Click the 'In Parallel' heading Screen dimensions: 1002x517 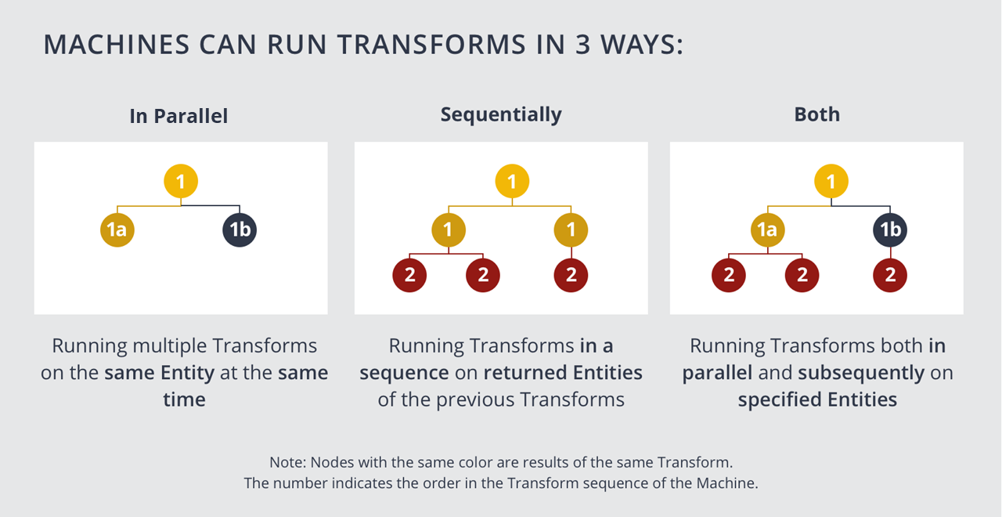point(178,116)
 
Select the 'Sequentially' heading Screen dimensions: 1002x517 point(501,115)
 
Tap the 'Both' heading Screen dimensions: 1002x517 point(816,114)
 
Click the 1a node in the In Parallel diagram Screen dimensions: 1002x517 point(117,230)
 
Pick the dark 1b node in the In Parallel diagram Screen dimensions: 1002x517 point(240,230)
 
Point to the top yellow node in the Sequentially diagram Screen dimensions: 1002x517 point(512,181)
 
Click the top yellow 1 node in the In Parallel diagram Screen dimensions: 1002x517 point(181,181)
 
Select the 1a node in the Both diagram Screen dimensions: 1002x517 point(768,230)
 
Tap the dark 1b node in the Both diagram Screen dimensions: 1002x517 point(890,230)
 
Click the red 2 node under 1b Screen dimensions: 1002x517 point(890,275)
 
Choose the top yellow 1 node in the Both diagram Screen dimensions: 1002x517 point(831,181)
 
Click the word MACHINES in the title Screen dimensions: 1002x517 point(117,45)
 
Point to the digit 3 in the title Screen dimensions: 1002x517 point(583,45)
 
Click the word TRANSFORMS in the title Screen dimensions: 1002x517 point(431,45)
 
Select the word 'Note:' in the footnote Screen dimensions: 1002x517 point(287,462)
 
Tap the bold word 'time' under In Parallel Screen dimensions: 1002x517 point(184,399)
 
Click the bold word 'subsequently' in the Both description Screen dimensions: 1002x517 point(861,373)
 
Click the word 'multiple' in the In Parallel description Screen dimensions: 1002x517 point(170,346)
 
